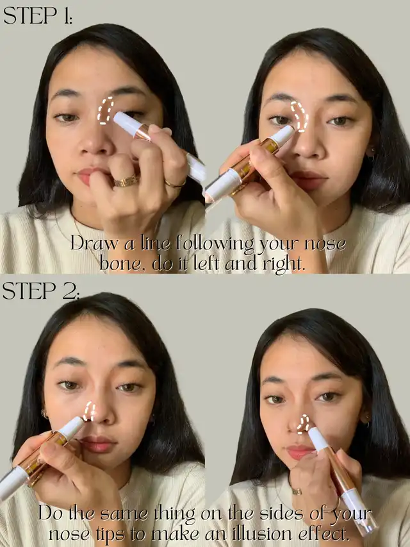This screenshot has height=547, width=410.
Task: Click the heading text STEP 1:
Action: pyautogui.click(x=38, y=16)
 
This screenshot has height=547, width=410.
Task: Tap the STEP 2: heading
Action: pyautogui.click(x=41, y=290)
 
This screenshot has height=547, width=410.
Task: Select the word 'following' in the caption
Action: pyautogui.click(x=215, y=244)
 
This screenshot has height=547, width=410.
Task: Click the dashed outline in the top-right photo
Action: pyautogui.click(x=299, y=117)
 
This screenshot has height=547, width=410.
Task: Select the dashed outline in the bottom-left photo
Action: pyautogui.click(x=89, y=411)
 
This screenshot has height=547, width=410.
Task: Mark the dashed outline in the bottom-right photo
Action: pyautogui.click(x=303, y=424)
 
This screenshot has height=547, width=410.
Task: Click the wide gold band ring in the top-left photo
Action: pyautogui.click(x=126, y=181)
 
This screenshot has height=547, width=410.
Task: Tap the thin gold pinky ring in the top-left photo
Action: pyautogui.click(x=176, y=184)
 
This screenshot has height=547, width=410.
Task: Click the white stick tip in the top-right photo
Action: pyautogui.click(x=283, y=135)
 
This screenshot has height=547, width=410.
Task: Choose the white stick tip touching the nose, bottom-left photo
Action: pyautogui.click(x=72, y=428)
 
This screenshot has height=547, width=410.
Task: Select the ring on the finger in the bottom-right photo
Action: pyautogui.click(x=297, y=491)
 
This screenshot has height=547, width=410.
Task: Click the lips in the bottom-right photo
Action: pyautogui.click(x=300, y=452)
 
